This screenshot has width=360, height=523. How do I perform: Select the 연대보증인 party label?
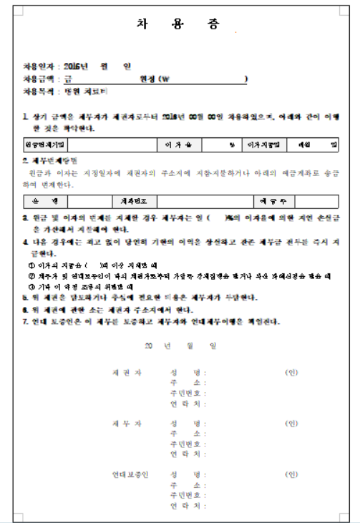[x=126, y=474]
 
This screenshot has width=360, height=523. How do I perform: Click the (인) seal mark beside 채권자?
[x=291, y=373]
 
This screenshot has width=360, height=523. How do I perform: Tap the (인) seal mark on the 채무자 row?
[x=291, y=424]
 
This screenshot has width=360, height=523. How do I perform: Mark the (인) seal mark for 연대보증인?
[x=291, y=474]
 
